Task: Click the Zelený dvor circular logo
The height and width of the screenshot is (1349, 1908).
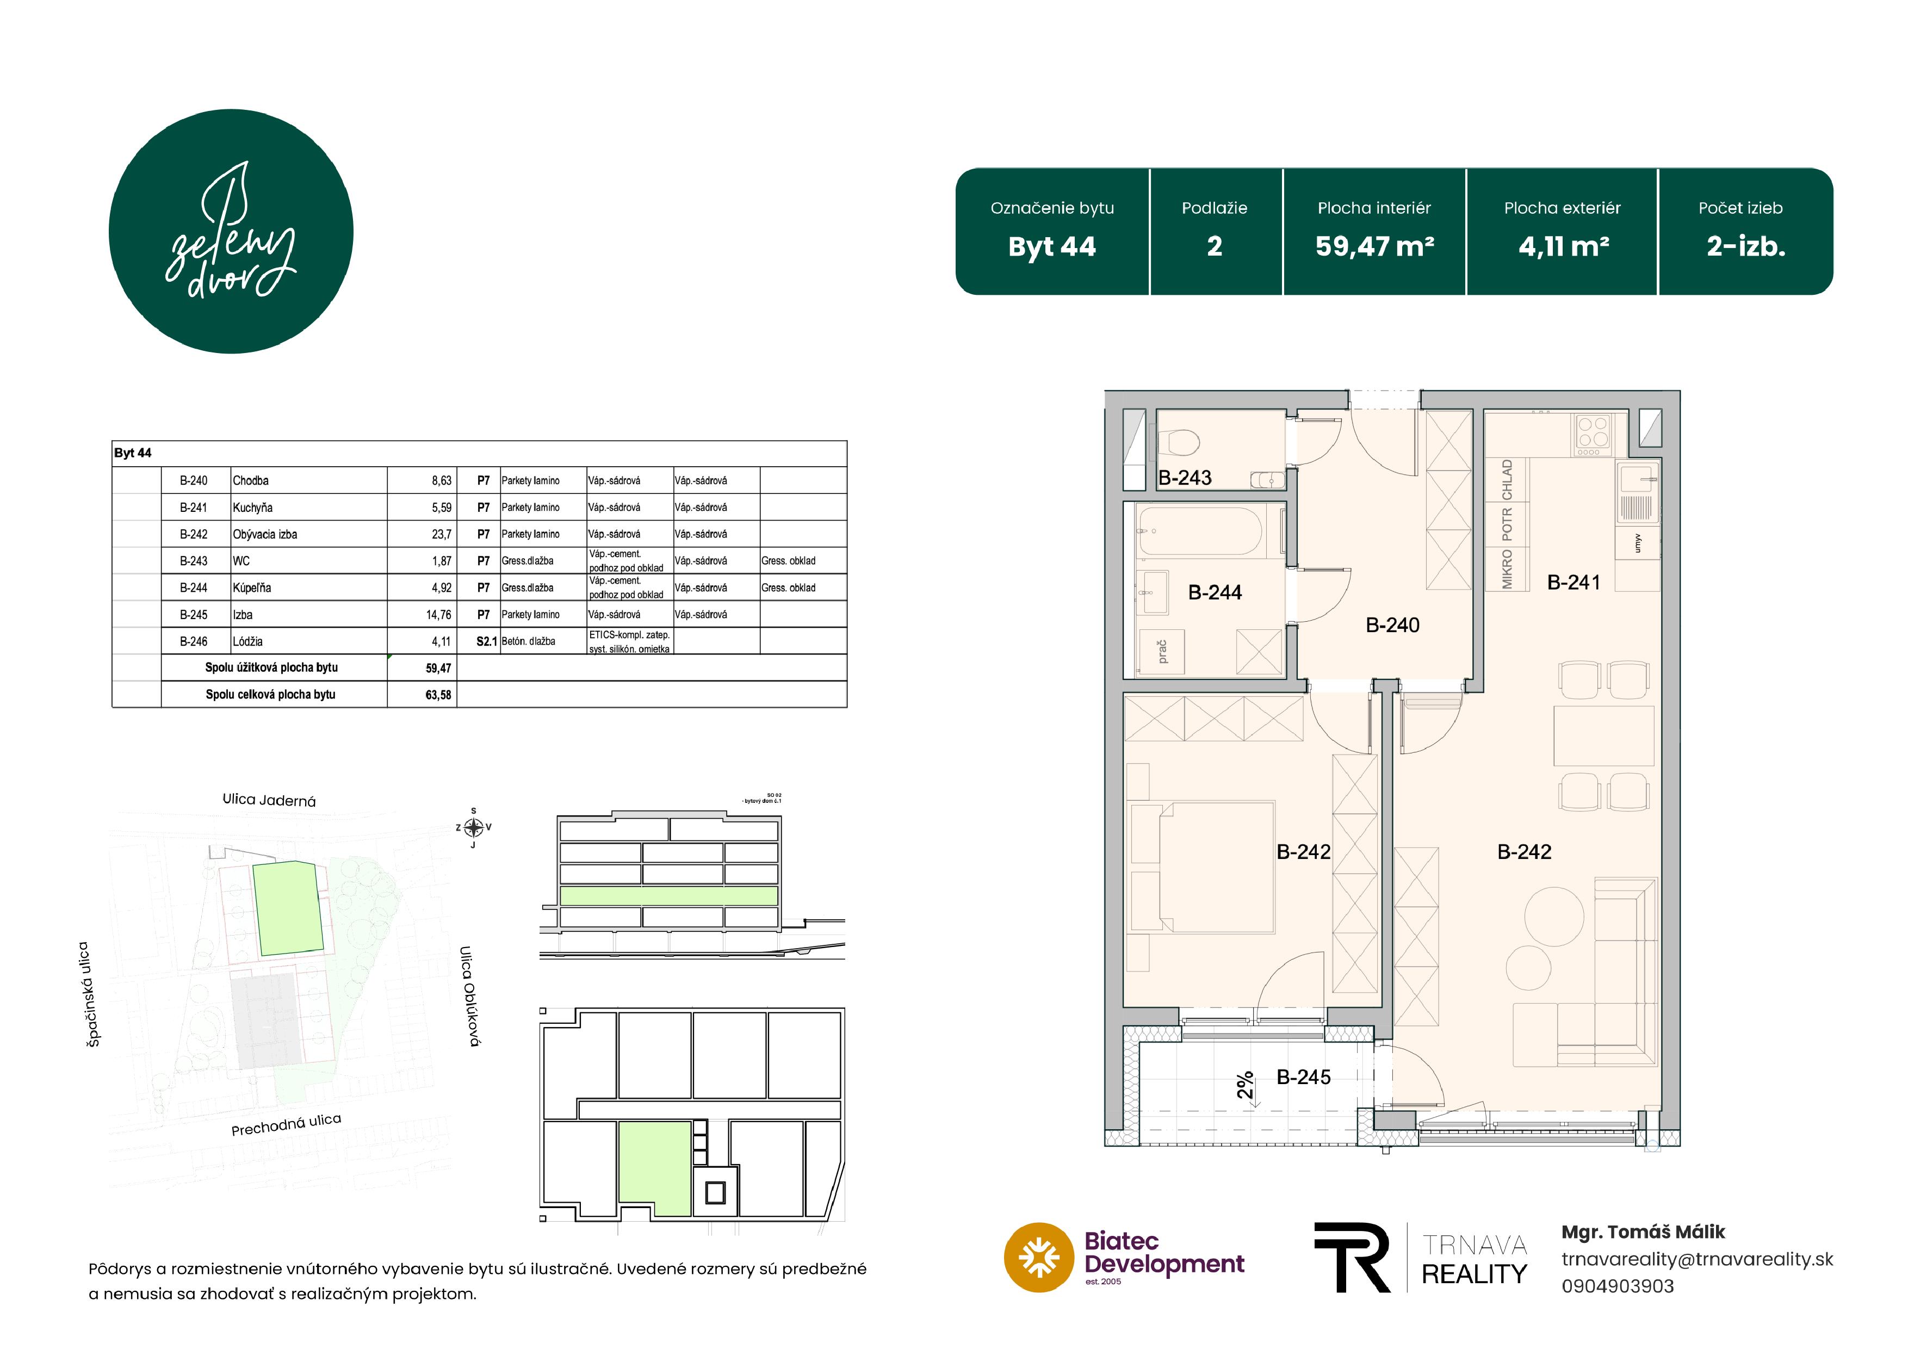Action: click(x=231, y=231)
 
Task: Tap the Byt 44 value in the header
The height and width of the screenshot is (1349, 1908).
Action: click(x=1051, y=247)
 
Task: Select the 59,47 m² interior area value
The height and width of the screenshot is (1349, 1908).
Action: click(x=1374, y=247)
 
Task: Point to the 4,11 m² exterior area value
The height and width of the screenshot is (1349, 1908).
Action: click(x=1563, y=247)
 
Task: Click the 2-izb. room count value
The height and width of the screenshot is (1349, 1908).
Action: click(x=1746, y=247)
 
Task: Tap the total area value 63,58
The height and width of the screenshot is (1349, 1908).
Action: click(x=438, y=695)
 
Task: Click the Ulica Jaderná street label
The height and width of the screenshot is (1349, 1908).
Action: click(x=269, y=800)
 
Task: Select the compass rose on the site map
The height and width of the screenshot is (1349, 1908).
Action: click(x=474, y=827)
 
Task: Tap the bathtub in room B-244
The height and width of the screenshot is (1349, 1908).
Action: click(x=1201, y=530)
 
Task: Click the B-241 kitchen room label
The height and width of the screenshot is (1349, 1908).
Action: click(x=1573, y=583)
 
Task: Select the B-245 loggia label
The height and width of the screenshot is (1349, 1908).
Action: click(x=1303, y=1077)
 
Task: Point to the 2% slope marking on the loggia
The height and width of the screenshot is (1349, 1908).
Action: click(x=1245, y=1086)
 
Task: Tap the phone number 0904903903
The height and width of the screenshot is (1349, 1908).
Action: click(x=1617, y=1286)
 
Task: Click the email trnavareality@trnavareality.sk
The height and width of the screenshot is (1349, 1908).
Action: click(x=1697, y=1259)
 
